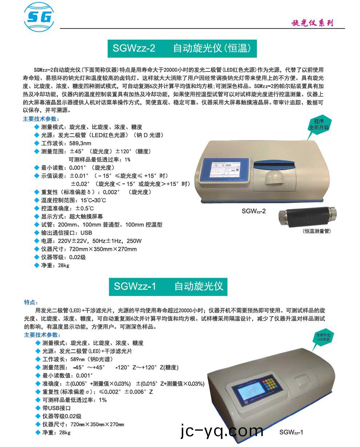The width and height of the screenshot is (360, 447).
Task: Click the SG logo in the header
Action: tap(39, 17)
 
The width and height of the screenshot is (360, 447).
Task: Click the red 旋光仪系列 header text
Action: tap(312, 23)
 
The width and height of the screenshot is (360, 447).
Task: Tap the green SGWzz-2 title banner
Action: tap(182, 48)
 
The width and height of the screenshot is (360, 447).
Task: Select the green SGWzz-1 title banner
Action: tap(168, 286)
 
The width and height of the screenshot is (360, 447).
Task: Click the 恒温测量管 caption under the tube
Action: tap(316, 231)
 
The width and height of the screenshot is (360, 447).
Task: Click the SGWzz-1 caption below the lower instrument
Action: tap(291, 432)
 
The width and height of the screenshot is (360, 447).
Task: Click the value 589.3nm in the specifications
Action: tap(80, 143)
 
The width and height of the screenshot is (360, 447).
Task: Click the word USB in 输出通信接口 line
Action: tap(87, 233)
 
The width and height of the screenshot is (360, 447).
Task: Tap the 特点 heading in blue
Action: tap(31, 302)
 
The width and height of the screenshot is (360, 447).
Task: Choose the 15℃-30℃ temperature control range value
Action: tap(93, 200)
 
